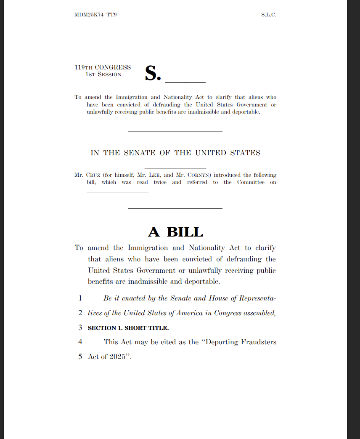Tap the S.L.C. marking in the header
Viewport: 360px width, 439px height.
[268, 15]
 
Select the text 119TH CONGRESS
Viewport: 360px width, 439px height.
[103, 67]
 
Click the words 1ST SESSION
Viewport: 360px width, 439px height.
[103, 74]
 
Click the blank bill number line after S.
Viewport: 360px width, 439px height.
[185, 80]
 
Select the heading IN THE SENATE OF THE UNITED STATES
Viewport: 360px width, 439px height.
[175, 153]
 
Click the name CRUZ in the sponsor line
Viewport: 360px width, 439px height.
[93, 175]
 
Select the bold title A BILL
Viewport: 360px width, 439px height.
[175, 232]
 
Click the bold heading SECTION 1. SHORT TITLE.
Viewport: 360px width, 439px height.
[128, 328]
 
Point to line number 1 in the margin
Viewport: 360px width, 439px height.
[80, 298]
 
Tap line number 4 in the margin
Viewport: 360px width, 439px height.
[80, 342]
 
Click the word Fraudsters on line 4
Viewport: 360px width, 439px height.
[259, 342]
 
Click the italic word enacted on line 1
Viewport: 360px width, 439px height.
[133, 298]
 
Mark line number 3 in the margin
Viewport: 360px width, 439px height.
[80, 327]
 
